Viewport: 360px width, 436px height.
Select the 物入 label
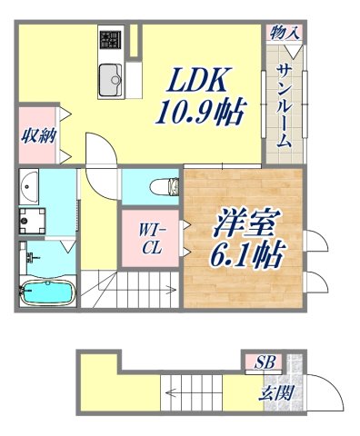click(285, 33)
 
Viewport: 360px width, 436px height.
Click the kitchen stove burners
click(111, 40)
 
